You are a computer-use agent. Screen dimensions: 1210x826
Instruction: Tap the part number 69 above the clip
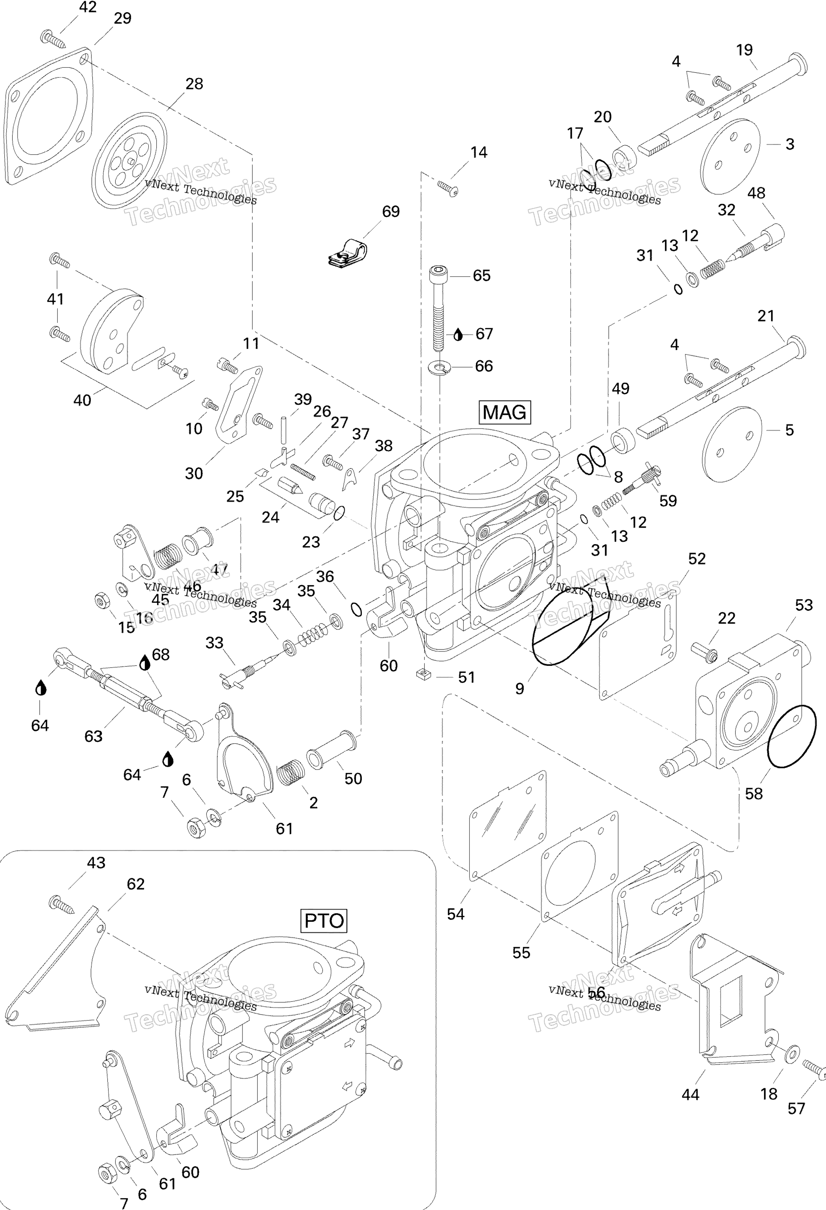click(x=390, y=212)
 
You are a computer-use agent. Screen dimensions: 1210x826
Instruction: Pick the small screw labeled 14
click(x=448, y=188)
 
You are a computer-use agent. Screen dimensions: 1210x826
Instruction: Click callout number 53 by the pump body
click(x=804, y=605)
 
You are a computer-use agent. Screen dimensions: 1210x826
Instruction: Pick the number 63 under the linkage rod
click(x=93, y=736)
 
